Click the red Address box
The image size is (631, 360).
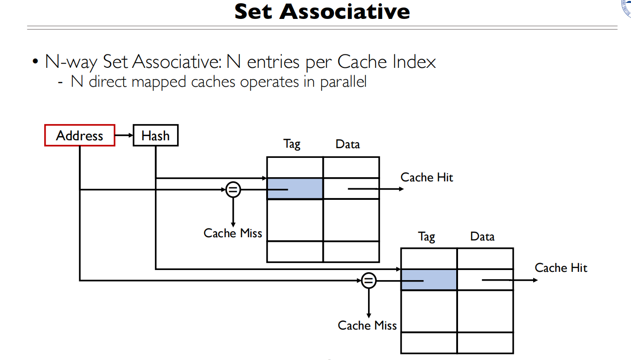point(79,135)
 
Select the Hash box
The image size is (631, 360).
point(155,136)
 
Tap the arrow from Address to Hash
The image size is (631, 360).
point(124,136)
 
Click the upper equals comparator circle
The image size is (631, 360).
point(233,189)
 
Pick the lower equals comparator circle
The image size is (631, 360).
point(368,280)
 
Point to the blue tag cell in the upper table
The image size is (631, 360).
point(295,189)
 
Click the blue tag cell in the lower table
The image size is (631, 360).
point(429,280)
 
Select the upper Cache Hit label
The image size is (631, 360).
point(427,177)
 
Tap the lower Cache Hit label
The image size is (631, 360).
point(561,268)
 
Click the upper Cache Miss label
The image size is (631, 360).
point(232,233)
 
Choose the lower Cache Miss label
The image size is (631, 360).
point(367,325)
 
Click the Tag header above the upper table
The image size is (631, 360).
point(292,144)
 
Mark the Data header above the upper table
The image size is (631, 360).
point(347,144)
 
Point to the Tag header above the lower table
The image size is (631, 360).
point(426,237)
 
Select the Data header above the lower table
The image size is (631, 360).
point(482,237)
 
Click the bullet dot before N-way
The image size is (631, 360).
point(35,62)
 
